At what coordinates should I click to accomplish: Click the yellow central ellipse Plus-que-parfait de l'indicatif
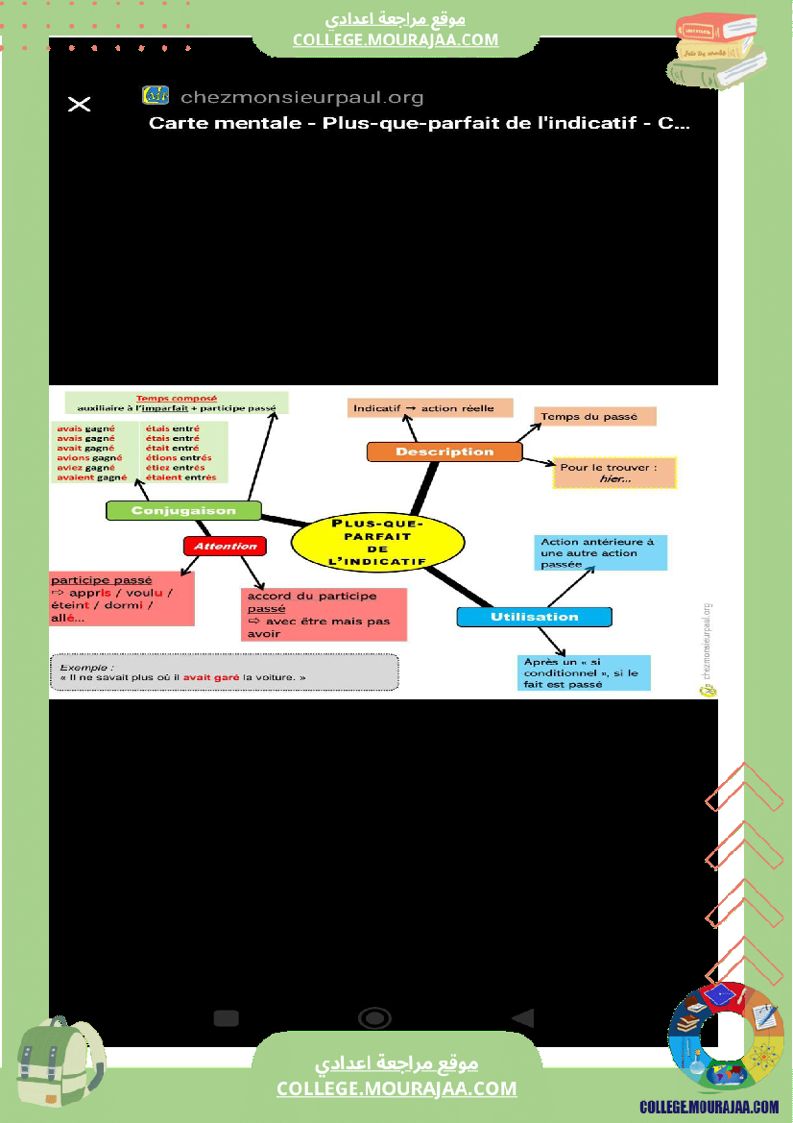[377, 543]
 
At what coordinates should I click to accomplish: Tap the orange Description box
[445, 452]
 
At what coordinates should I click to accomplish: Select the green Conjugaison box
[183, 510]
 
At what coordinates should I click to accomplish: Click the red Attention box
[225, 546]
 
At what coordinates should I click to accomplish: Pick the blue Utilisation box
[534, 617]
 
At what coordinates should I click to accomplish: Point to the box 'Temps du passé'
[594, 416]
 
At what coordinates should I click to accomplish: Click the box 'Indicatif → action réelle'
[429, 408]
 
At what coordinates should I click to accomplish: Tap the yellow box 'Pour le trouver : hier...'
[614, 473]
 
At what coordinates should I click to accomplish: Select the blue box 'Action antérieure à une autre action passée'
[599, 553]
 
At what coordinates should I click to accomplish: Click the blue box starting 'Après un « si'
[584, 672]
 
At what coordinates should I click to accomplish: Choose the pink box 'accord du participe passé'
[323, 615]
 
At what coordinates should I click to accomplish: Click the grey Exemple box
[224, 671]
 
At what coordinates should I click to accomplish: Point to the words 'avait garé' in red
[211, 677]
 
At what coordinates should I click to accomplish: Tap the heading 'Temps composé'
[176, 398]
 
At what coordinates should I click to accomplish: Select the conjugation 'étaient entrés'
[180, 477]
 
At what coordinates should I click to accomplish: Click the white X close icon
[80, 104]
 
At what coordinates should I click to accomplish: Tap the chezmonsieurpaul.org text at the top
[301, 97]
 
